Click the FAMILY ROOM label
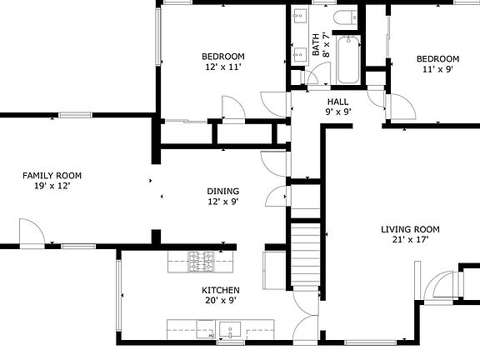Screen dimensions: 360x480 point(52,175)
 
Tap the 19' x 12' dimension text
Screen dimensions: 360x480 point(52,186)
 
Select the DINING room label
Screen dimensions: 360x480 point(223,191)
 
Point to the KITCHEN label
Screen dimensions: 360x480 point(220,290)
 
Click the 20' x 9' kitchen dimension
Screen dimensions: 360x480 point(220,301)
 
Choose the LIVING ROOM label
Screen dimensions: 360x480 point(410,229)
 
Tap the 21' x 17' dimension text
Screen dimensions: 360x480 point(410,240)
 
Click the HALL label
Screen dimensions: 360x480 point(337,101)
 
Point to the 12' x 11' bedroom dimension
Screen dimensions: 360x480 point(222,67)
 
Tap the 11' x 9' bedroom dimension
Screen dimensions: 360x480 point(438,69)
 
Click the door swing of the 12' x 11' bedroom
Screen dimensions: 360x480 point(232,107)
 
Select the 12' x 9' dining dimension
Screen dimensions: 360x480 point(223,202)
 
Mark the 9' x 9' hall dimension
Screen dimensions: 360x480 point(337,112)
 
